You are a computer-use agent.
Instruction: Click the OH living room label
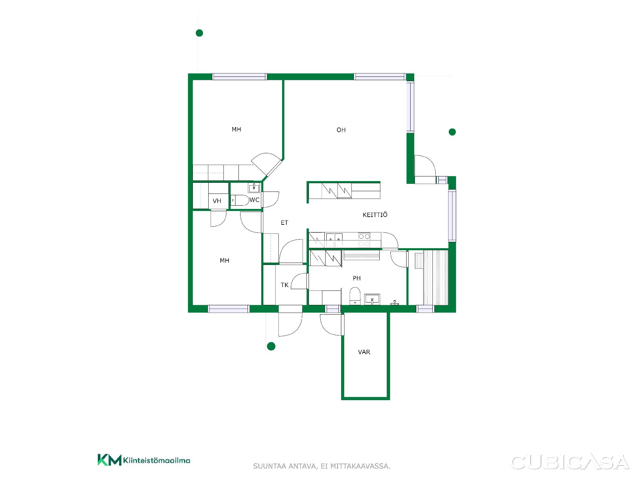point(341,130)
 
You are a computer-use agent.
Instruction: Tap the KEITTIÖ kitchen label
point(375,215)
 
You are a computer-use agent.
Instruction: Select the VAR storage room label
point(364,352)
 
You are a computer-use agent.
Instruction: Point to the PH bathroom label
point(357,278)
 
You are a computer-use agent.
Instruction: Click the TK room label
point(284,285)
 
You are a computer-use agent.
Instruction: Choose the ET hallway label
point(284,222)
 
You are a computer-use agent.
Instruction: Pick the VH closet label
point(217,201)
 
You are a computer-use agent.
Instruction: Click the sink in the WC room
point(254,187)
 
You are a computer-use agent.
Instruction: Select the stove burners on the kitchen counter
point(364,240)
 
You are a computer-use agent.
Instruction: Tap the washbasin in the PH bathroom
point(372,299)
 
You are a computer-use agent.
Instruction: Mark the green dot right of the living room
point(452,132)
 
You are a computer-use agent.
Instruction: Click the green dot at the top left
point(199,33)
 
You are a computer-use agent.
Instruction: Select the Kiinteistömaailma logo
point(144,460)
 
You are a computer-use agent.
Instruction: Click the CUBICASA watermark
point(570,462)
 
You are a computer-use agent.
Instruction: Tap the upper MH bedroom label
point(236,129)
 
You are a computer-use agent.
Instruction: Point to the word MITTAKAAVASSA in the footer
point(360,466)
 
